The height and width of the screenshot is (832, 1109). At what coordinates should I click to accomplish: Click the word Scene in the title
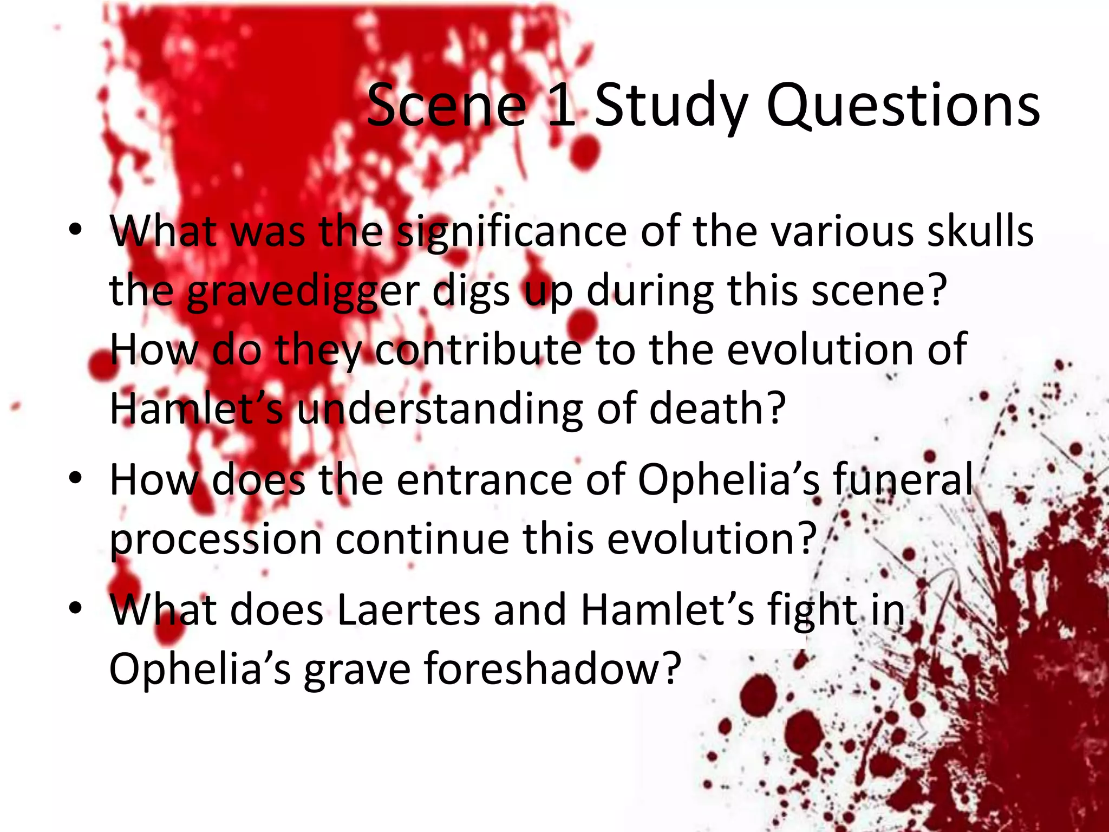point(446,106)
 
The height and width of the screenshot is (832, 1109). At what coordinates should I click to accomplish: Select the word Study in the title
point(672,106)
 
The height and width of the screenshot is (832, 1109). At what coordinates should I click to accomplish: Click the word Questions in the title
point(903,106)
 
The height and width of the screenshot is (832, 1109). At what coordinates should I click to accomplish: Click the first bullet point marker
point(75,230)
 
